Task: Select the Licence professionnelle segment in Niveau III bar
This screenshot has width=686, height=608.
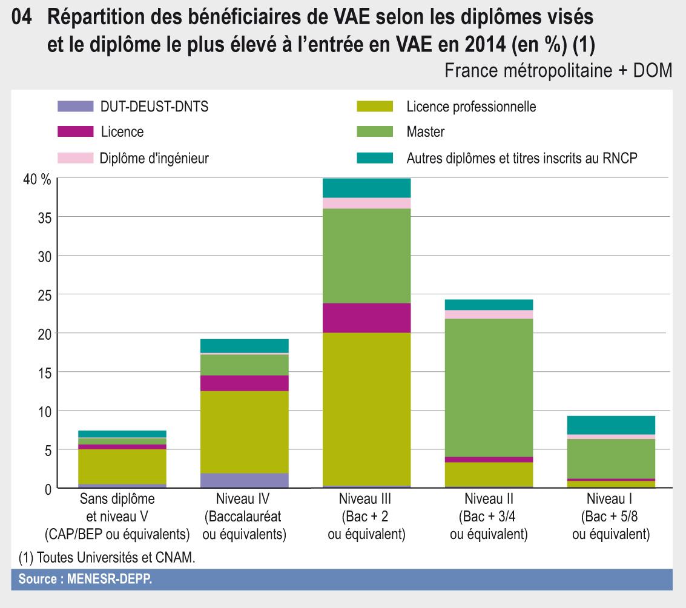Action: coord(367,409)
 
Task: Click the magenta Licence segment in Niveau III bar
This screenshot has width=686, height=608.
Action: coord(367,318)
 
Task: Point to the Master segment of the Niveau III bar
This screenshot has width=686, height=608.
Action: coord(367,256)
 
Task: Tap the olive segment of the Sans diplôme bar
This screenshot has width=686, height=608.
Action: coord(123,466)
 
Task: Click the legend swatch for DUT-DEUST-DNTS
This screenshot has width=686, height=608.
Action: coord(76,107)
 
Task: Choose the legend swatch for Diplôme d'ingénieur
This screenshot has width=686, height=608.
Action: coord(76,158)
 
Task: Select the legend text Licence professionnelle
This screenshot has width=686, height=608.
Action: coord(471,107)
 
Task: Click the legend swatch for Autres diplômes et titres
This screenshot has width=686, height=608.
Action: coord(375,158)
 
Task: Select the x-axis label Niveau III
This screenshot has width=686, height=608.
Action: coord(367,500)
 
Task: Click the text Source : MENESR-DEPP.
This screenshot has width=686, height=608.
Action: coord(85,579)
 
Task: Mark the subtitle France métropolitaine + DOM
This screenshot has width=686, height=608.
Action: coord(558,71)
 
